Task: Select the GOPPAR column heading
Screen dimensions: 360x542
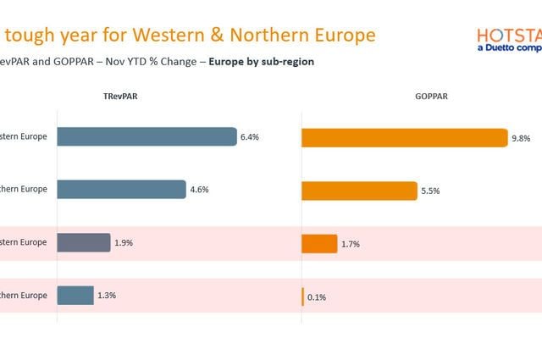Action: pos(432,97)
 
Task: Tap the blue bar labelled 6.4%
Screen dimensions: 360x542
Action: pos(147,136)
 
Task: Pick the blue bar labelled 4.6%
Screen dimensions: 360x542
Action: pos(121,190)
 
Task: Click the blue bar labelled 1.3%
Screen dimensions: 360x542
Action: pos(75,296)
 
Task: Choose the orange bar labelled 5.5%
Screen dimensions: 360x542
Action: pos(359,191)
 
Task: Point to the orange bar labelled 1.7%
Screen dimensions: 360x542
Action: pos(319,244)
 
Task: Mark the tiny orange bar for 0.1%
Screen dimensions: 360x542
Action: pos(302,296)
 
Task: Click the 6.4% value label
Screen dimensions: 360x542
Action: pos(249,136)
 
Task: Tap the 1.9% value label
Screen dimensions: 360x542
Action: pos(123,242)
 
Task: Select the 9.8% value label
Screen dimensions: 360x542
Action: pos(520,138)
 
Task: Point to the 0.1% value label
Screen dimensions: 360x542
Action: pos(317,297)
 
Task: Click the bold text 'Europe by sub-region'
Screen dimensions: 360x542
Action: pos(264,62)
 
